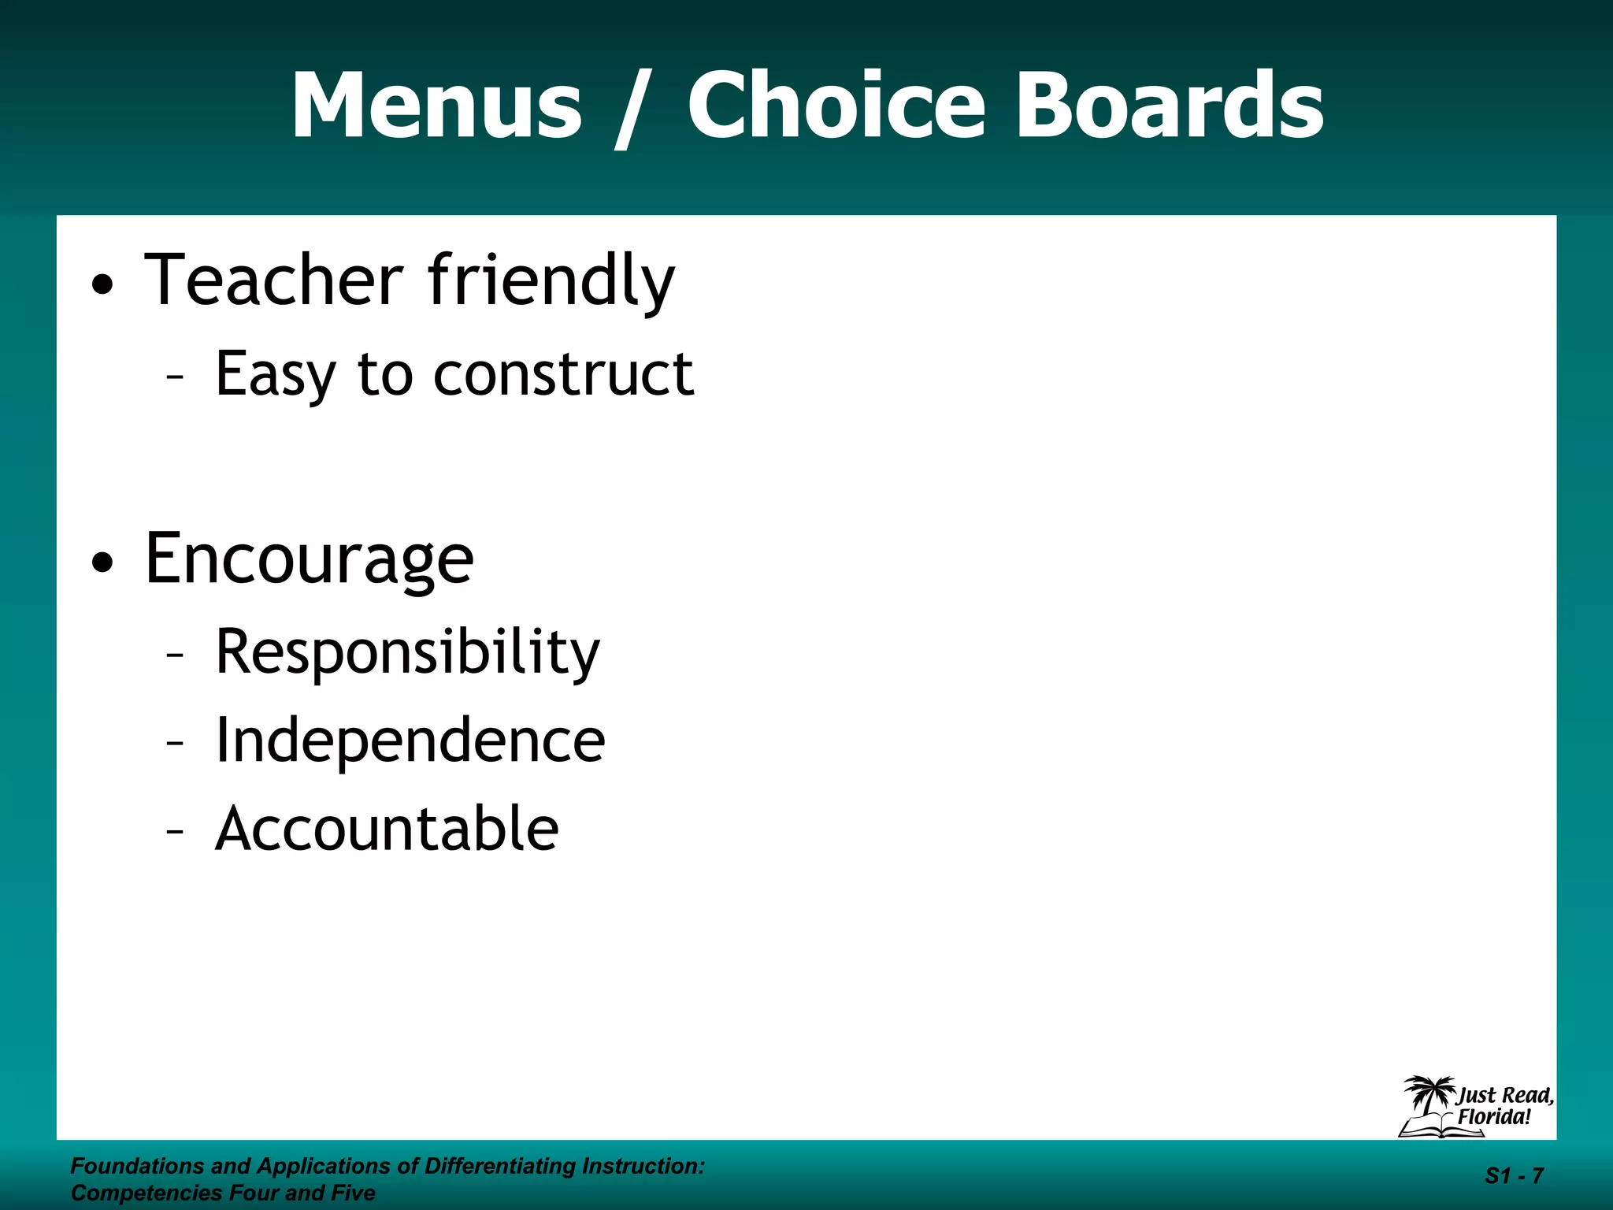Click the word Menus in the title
[x=436, y=106]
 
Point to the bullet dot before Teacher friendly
[x=103, y=284]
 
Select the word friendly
[x=551, y=282]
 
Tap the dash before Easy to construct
[x=175, y=377]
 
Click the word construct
[x=564, y=373]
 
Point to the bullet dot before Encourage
[x=103, y=562]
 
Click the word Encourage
[x=310, y=559]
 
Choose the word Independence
[x=410, y=740]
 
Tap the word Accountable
[x=387, y=829]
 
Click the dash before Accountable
[x=175, y=831]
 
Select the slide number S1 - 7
[x=1514, y=1176]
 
